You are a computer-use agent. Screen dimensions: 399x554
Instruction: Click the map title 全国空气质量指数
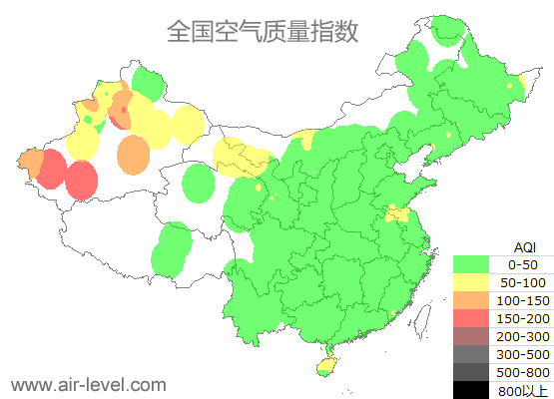tap(263, 31)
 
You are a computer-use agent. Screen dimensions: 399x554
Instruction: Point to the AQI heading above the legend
tap(524, 246)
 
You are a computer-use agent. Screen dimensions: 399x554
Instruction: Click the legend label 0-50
tap(523, 264)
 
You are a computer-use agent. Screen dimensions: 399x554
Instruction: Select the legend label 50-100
tap(523, 282)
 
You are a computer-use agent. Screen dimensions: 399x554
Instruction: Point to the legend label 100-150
tap(523, 300)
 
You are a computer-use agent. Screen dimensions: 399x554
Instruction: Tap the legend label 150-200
tap(523, 318)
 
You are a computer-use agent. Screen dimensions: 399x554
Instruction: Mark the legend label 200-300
tap(523, 336)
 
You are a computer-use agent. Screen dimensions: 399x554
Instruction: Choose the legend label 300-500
tap(523, 354)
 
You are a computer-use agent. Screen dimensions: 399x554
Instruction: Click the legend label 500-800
tap(523, 372)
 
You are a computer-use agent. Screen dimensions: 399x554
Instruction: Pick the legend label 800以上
tap(523, 390)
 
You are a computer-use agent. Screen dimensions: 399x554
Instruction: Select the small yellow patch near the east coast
tap(397, 213)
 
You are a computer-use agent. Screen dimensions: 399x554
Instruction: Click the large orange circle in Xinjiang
tap(133, 155)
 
